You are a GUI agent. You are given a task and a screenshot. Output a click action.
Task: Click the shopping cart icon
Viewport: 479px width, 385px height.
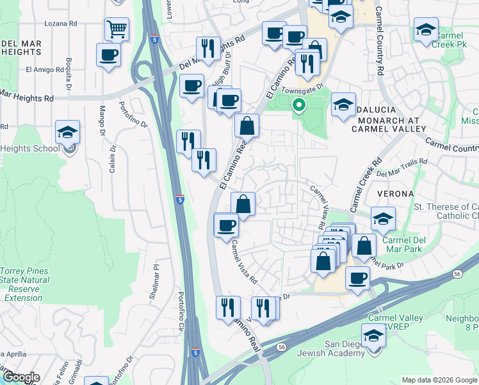coord(117,28)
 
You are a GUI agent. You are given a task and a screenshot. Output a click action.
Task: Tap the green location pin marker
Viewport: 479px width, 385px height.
coord(298,107)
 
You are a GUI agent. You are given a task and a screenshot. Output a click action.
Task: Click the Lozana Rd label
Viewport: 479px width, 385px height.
coord(60,23)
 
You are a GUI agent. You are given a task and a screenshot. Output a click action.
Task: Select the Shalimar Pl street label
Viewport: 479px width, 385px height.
coord(156,278)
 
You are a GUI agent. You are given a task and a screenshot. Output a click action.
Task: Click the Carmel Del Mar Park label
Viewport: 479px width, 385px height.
coord(409,244)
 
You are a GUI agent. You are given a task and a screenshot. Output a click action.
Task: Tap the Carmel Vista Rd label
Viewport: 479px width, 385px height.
coord(245,262)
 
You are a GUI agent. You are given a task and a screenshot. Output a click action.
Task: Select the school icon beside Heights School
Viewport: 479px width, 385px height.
coord(67,133)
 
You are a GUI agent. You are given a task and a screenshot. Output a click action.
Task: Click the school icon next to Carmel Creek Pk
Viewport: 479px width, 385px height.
coord(426,30)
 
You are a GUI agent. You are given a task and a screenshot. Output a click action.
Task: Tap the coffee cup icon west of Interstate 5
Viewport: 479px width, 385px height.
coord(108,55)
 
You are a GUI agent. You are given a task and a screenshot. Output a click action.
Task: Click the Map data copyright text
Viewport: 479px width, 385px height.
coord(439,380)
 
